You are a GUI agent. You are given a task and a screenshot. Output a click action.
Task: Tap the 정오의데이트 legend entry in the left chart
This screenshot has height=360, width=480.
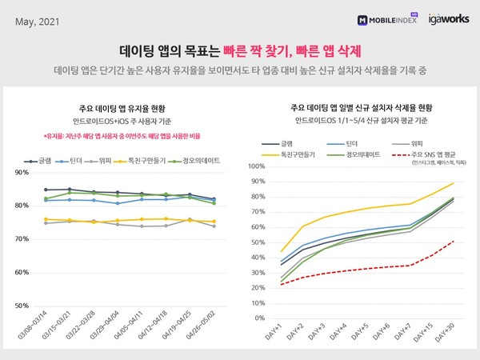(198, 161)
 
